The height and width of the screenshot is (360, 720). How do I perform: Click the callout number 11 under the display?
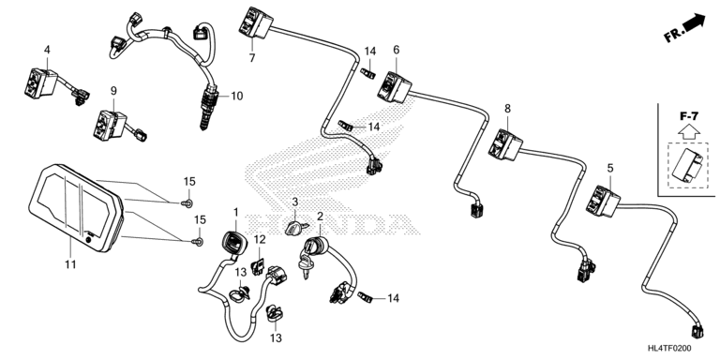[x=70, y=264]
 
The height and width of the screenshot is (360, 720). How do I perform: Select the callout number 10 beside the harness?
[x=236, y=96]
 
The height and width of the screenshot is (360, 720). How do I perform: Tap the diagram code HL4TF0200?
[x=669, y=349]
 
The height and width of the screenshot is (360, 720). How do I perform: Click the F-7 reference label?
[x=689, y=116]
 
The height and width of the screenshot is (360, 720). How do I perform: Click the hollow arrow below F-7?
[x=689, y=132]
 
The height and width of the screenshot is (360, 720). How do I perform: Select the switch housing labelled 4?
[x=40, y=82]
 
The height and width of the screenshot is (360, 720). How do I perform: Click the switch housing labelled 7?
[x=255, y=22]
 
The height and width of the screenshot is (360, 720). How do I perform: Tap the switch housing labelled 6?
[x=394, y=87]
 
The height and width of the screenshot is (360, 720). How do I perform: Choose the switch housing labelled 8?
[x=505, y=144]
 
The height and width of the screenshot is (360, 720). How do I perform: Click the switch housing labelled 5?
[x=603, y=201]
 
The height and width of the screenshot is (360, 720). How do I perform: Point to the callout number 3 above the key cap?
[x=295, y=202]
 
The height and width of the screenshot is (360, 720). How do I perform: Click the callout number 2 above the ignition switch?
[x=320, y=217]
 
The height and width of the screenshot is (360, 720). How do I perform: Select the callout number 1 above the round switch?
[x=235, y=212]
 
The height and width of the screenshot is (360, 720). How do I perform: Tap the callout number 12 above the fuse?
[x=260, y=239]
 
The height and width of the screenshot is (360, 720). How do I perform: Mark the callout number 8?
[x=507, y=109]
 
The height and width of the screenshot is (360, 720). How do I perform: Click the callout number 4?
[x=47, y=49]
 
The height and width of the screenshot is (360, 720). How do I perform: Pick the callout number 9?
[x=113, y=91]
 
